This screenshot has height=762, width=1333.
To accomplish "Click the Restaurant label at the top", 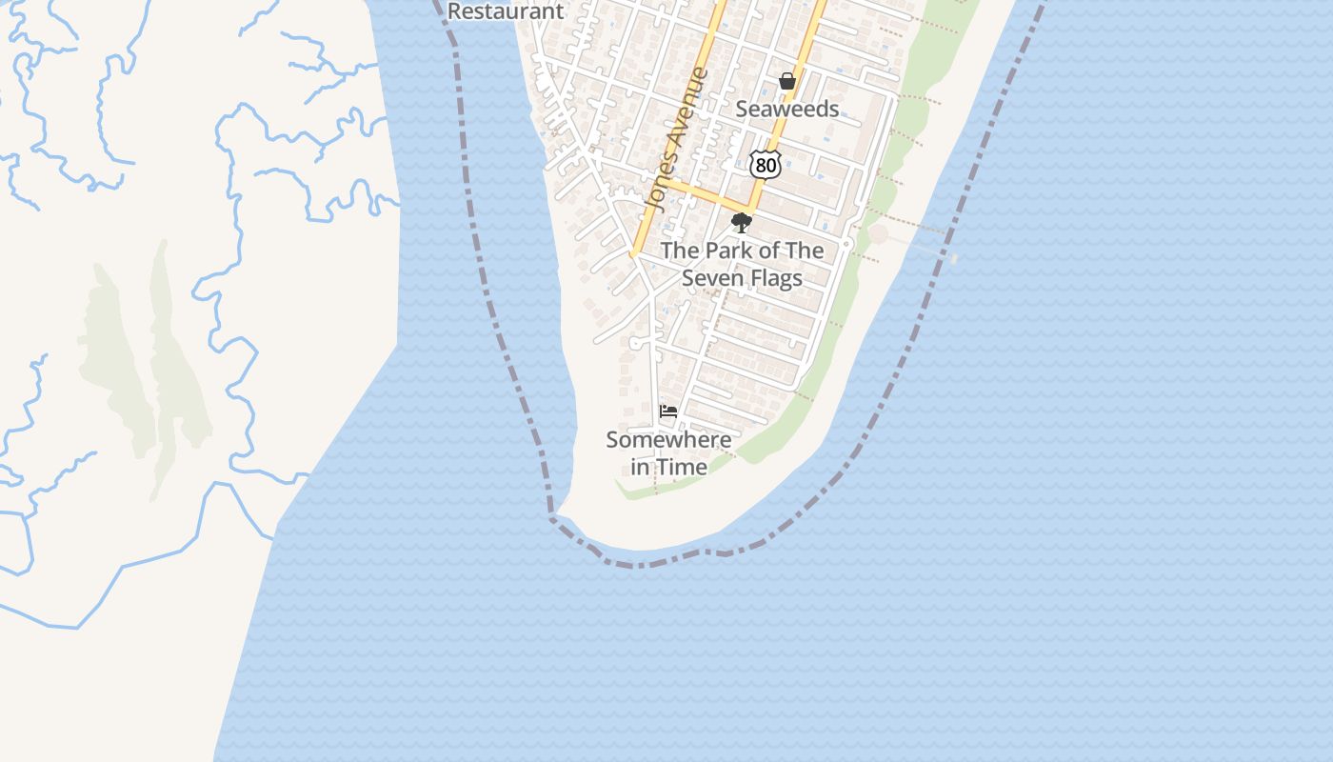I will [x=506, y=11].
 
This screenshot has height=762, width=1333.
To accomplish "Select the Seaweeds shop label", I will [x=787, y=110].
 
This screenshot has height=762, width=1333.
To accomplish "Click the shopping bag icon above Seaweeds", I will [x=787, y=82].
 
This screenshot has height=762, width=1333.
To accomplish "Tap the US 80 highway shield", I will [x=766, y=165].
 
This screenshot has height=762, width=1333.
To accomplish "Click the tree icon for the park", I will [x=741, y=224].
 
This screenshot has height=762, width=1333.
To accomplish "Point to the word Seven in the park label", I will [x=708, y=278].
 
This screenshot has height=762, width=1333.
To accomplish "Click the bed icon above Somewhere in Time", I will [x=668, y=411].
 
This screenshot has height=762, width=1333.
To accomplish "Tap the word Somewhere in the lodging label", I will [x=668, y=440].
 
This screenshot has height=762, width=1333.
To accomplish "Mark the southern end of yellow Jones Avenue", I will [x=632, y=254].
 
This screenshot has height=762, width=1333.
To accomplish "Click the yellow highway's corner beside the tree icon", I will [x=750, y=210].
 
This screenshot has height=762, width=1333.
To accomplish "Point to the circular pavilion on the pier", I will [x=877, y=234].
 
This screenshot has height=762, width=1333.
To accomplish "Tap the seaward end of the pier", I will [x=953, y=258].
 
